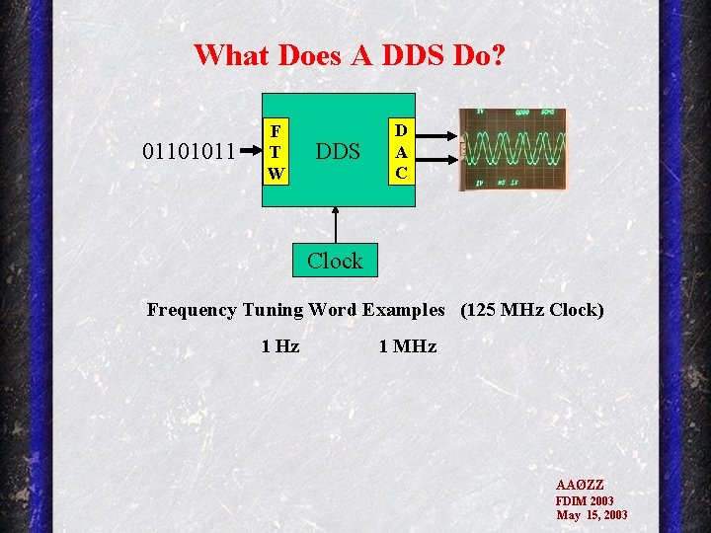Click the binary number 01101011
point(189,152)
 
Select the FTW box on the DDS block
point(276,152)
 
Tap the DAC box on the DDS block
point(401,152)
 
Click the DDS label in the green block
point(337,152)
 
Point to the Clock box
point(335,261)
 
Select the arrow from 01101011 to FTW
point(247,153)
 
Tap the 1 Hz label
point(280,345)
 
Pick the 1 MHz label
point(408,345)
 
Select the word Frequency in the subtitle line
point(193,310)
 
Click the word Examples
point(404,310)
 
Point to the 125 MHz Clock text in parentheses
point(531,310)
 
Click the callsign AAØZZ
point(580,486)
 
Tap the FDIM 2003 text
point(585,500)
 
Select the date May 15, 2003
point(592,515)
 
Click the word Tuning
point(273,310)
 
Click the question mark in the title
point(497,54)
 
